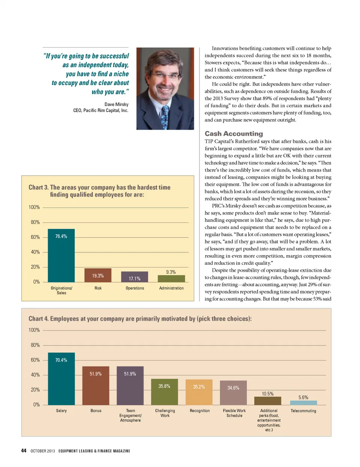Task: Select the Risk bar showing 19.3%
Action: (98, 275)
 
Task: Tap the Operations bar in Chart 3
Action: (135, 277)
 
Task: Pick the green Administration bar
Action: (171, 279)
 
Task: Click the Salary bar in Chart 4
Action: (61, 379)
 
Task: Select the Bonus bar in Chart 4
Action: (96, 386)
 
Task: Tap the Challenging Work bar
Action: (165, 392)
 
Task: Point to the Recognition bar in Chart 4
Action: (199, 392)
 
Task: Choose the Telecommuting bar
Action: (303, 403)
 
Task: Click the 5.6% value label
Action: (303, 398)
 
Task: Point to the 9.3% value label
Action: (171, 272)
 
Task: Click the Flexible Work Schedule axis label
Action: (234, 413)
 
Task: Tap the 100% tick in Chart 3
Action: (34, 207)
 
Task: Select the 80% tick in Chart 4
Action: (35, 345)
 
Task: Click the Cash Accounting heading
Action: (234, 134)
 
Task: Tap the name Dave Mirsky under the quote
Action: (116, 104)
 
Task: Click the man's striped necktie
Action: (165, 116)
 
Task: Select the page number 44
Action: (24, 450)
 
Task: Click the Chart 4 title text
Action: (140, 319)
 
